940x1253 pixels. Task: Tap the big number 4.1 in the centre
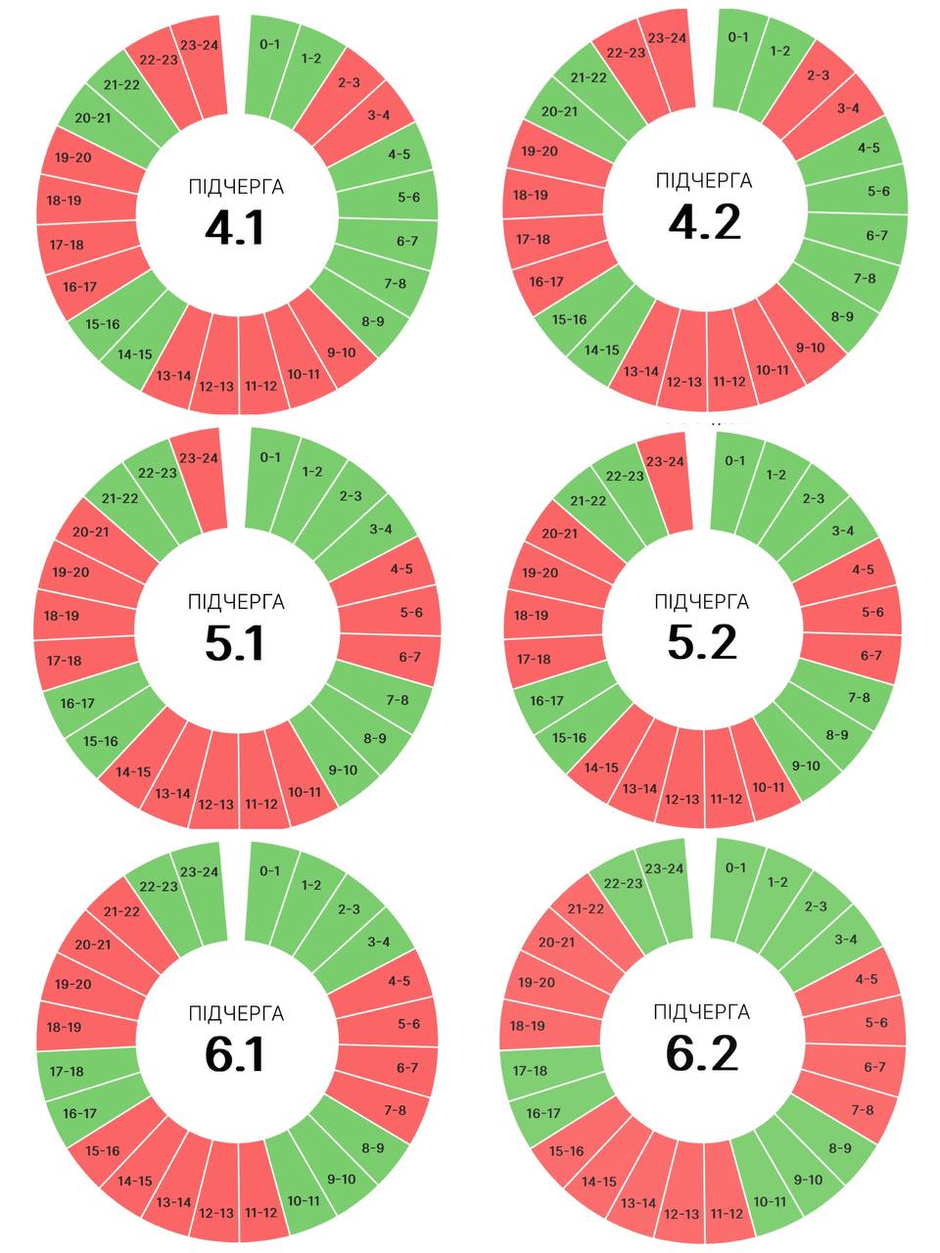235,227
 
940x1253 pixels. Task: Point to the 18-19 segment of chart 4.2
531,195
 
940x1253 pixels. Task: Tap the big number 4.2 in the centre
704,222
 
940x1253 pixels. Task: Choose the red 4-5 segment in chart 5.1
401,569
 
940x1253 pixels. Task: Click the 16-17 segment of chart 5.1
77,703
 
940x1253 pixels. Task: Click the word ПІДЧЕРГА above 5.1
236,602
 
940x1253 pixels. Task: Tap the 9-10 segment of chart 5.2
806,765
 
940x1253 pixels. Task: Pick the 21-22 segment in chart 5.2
587,500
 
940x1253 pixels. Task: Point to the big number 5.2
702,642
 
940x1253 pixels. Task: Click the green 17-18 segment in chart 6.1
66,1071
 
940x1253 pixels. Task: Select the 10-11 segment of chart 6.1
304,1200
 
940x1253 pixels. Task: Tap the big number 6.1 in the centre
235,1054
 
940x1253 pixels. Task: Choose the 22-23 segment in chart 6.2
623,882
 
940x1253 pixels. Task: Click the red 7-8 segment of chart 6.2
863,1109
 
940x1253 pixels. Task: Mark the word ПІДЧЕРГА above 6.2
702,1011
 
